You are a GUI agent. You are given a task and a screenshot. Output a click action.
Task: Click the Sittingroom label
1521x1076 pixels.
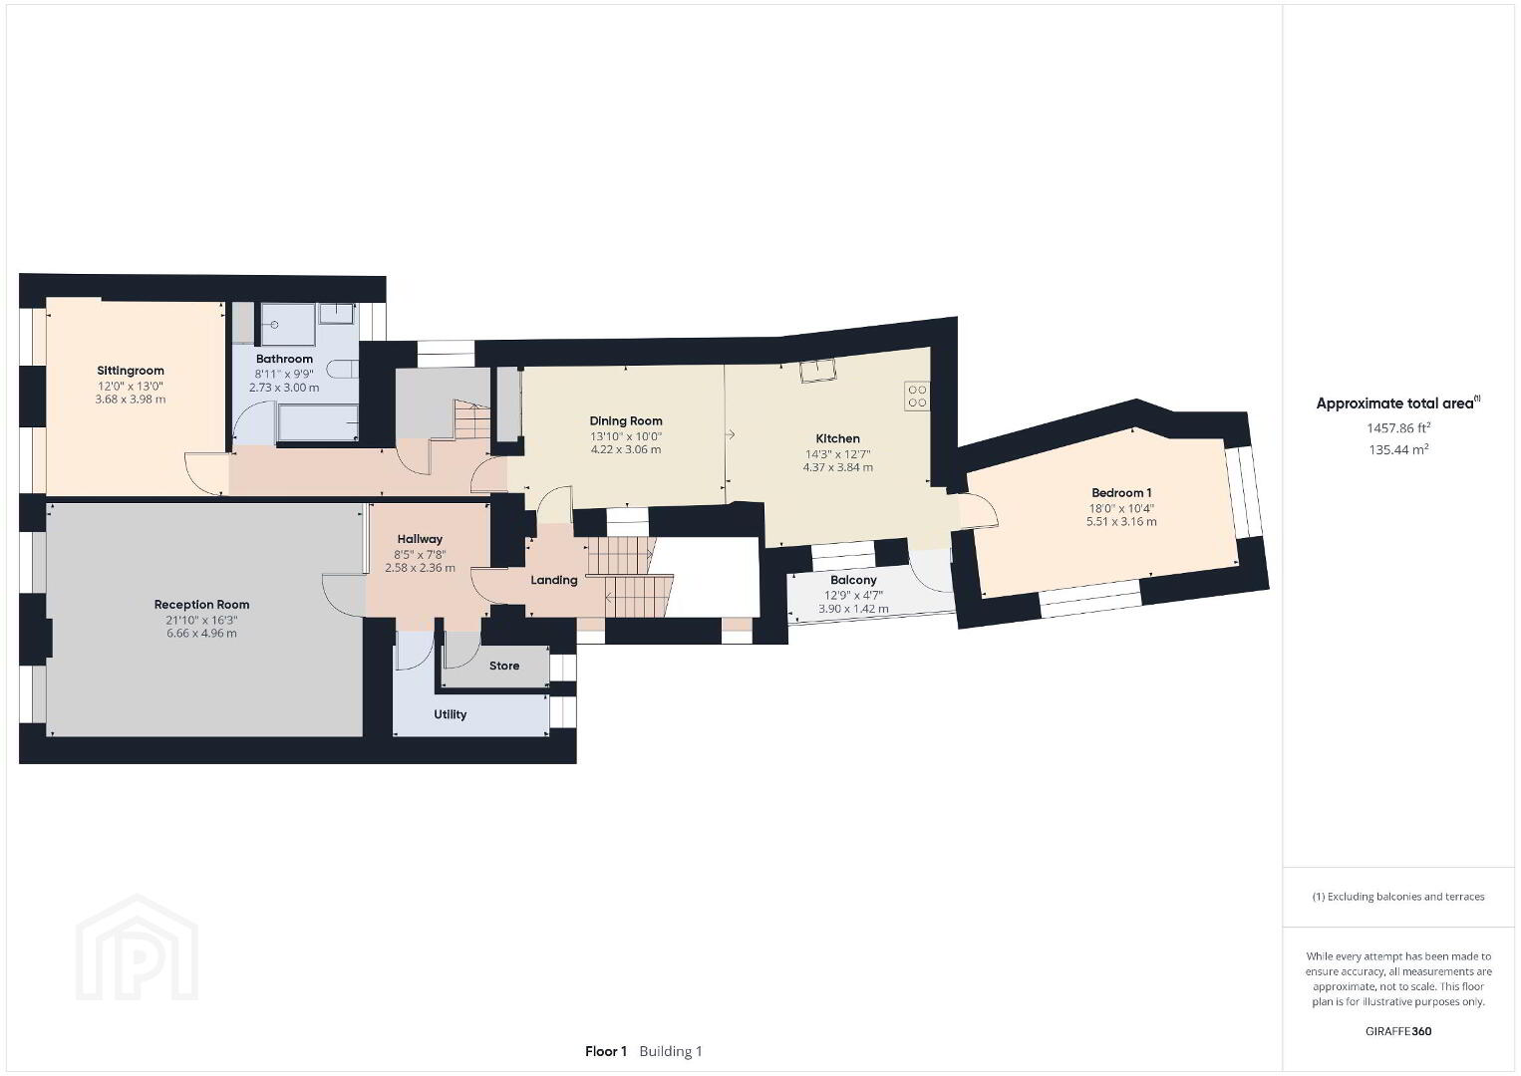(131, 371)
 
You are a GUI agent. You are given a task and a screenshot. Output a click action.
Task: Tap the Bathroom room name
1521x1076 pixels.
(284, 359)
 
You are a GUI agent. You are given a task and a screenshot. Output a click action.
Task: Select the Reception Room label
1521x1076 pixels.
(201, 604)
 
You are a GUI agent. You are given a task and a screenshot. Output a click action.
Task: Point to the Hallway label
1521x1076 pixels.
(420, 539)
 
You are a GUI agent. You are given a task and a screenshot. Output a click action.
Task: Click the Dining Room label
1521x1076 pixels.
(625, 421)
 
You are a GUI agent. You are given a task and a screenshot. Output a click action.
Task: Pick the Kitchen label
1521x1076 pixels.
(838, 438)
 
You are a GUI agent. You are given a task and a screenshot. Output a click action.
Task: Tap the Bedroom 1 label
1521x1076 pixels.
(1121, 493)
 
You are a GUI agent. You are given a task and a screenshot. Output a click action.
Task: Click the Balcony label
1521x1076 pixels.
(853, 580)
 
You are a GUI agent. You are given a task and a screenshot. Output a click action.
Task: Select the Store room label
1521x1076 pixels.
(504, 666)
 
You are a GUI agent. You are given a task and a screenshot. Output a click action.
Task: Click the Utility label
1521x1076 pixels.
(451, 714)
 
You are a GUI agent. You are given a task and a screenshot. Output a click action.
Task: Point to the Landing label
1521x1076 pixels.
(554, 580)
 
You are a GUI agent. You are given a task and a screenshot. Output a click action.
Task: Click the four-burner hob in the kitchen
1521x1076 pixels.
(917, 397)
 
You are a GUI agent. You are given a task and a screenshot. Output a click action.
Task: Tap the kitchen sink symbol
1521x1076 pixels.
(817, 371)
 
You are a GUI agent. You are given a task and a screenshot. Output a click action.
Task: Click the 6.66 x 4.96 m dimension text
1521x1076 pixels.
(201, 634)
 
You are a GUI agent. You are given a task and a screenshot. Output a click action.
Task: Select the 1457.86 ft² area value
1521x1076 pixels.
(1398, 427)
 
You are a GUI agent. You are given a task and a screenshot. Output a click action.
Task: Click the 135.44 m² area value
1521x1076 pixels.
(1398, 449)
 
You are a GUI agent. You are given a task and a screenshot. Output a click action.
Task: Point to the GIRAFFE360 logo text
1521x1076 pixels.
(1398, 1031)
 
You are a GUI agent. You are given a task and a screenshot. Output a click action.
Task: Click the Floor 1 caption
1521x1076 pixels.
(606, 1051)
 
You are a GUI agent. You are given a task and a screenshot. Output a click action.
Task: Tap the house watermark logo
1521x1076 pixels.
(137, 947)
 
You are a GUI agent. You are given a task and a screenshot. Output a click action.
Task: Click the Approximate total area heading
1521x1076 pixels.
(1397, 403)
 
